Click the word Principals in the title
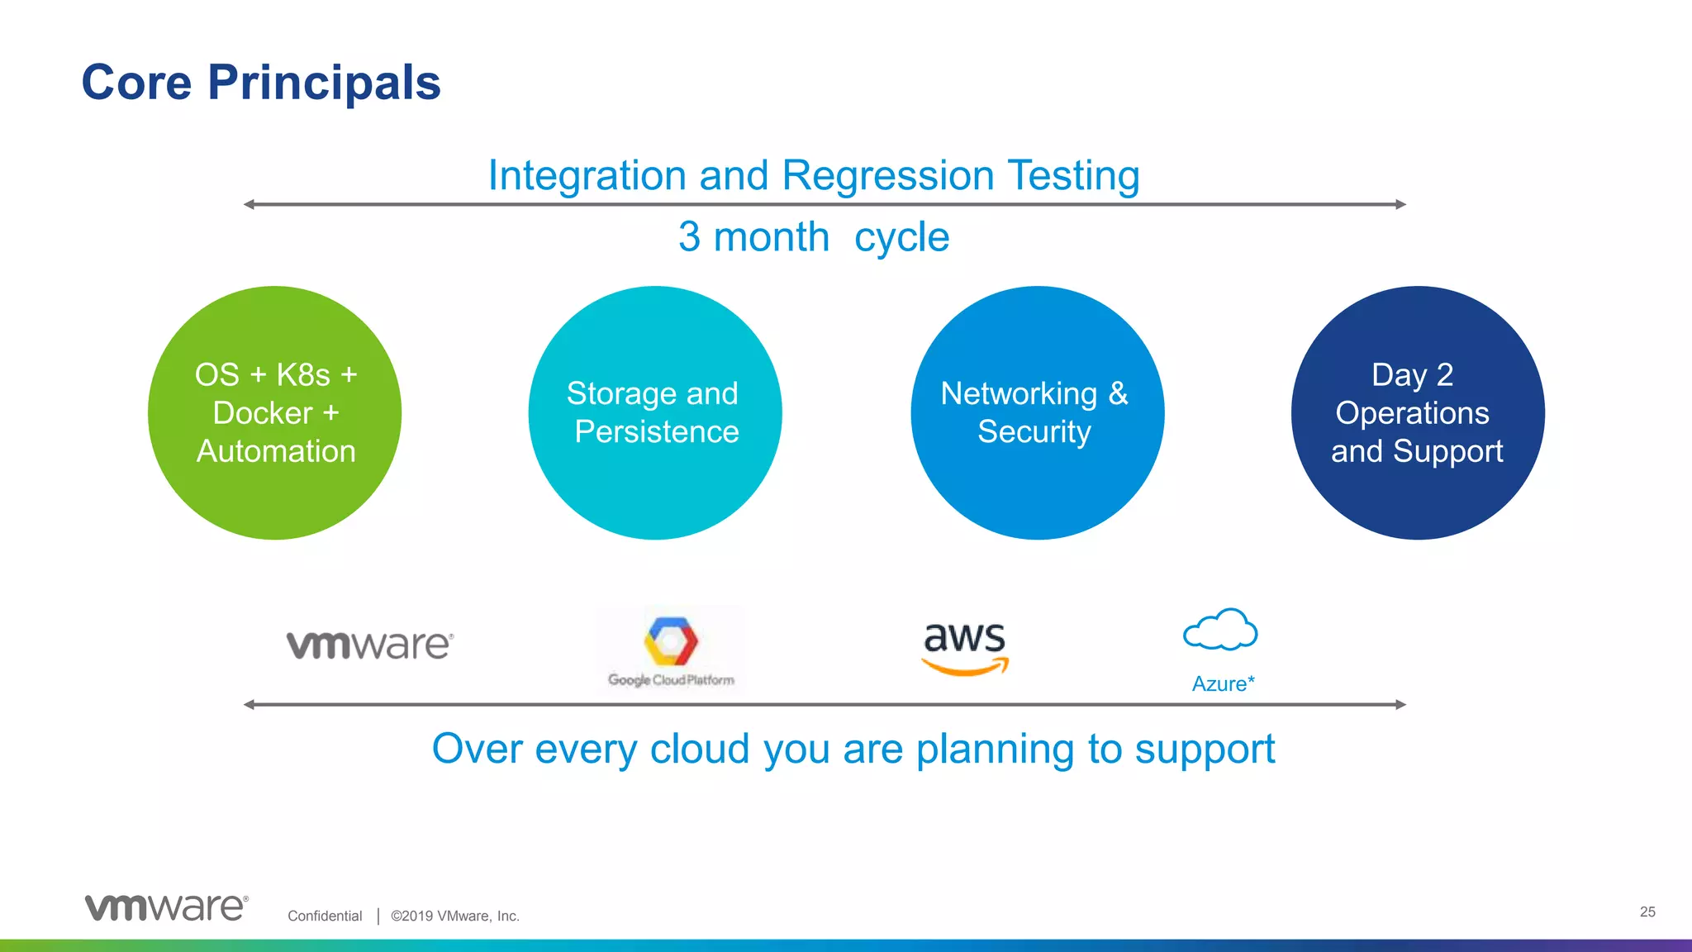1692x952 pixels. [324, 83]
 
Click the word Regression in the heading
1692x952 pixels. [887, 175]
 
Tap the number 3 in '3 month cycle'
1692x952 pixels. [689, 237]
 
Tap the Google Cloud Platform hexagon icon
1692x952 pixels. [671, 640]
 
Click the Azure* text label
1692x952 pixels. [1223, 683]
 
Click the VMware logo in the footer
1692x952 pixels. [166, 907]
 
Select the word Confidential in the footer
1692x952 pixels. [325, 916]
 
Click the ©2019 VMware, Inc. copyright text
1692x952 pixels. [454, 916]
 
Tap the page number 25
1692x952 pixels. [1647, 912]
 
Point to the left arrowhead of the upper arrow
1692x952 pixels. [249, 204]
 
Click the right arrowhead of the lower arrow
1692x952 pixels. [1401, 705]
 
